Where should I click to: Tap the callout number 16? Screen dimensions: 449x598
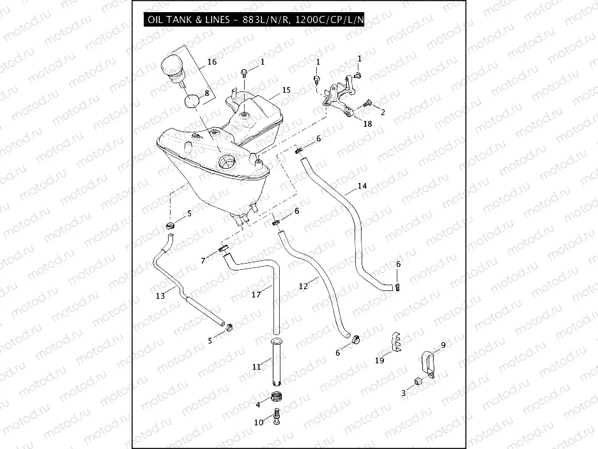pos(212,62)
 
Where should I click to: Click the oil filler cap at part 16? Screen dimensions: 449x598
pos(172,67)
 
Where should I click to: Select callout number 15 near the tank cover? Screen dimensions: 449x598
pos(286,90)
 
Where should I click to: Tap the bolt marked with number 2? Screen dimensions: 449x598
pos(367,103)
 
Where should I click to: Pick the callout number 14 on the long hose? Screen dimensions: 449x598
pos(362,186)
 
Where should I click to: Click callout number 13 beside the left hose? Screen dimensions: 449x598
pos(160,295)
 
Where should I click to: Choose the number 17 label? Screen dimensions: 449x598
pos(256,294)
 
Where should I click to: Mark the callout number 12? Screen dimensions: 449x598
pos(303,286)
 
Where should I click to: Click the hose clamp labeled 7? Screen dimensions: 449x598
pos(224,249)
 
